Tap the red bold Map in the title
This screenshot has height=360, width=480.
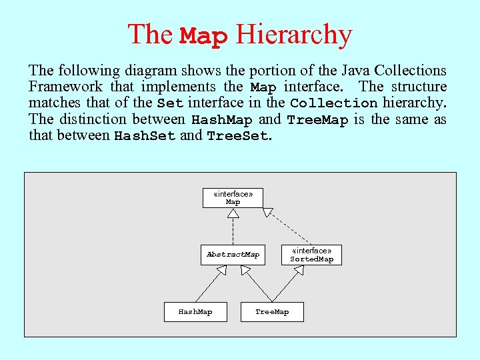pos(204,36)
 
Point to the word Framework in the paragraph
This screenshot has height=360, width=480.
pos(65,87)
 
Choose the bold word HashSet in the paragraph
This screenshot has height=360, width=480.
pos(145,136)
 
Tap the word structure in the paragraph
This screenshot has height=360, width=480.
pos(419,87)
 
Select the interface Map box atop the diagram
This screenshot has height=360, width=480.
pos(233,198)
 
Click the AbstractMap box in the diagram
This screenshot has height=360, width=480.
pos(233,255)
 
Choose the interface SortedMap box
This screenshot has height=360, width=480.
pos(311,255)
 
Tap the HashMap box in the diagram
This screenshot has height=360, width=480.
pos(195,312)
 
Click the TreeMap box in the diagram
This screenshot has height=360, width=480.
pos(272,312)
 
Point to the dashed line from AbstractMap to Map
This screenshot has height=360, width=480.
pos(233,232)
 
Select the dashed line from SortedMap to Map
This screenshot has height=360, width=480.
pos(291,228)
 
